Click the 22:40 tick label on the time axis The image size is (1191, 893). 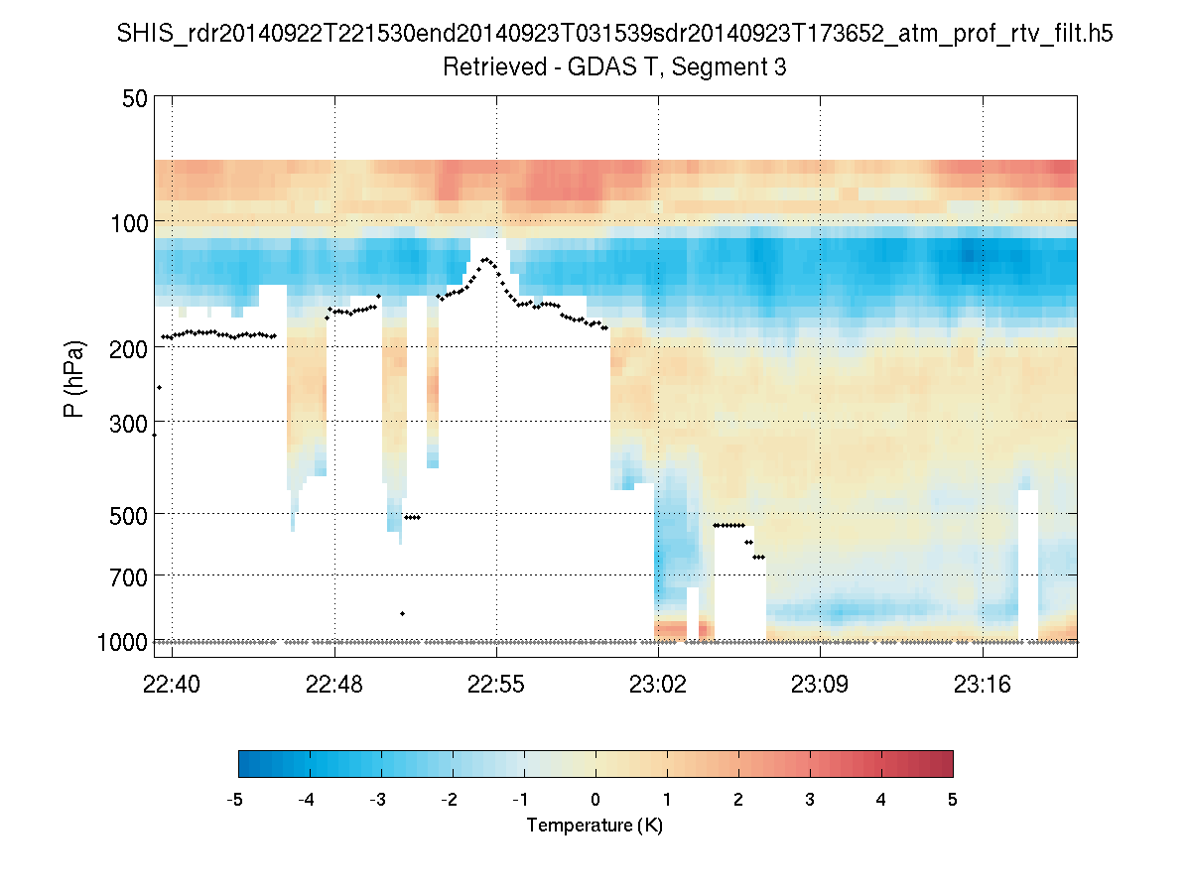pos(173,684)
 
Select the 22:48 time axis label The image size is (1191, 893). pos(334,684)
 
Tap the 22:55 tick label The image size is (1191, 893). pos(496,684)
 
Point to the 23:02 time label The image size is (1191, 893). pos(658,684)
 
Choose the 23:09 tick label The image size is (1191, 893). pos(820,684)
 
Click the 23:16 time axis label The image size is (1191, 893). pos(983,684)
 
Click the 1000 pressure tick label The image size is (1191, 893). pos(124,642)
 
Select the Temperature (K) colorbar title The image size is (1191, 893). pos(595,826)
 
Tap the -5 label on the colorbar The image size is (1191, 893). pos(236,800)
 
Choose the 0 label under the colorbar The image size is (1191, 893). pos(595,800)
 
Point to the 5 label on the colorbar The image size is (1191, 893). pos(952,800)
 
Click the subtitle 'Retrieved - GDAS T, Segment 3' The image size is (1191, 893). pos(614,67)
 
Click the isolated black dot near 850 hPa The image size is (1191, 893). pos(402,613)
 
